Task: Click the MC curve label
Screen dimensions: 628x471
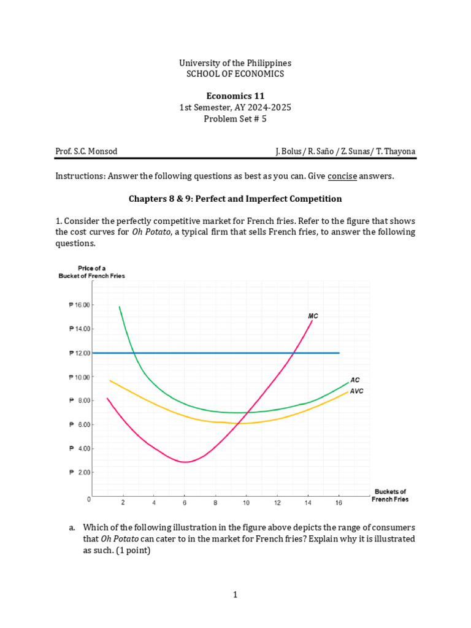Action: pyautogui.click(x=313, y=316)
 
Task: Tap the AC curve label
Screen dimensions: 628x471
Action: pyautogui.click(x=355, y=380)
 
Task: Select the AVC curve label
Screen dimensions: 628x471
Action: pyautogui.click(x=357, y=391)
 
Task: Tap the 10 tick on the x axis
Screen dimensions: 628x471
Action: pyautogui.click(x=246, y=503)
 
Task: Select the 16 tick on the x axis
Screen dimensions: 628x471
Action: pyautogui.click(x=338, y=503)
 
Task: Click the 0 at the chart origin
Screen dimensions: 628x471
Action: pyautogui.click(x=89, y=499)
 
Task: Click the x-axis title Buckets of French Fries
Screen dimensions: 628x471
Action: pyautogui.click(x=389, y=495)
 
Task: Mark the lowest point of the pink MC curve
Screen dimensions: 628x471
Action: pyautogui.click(x=185, y=462)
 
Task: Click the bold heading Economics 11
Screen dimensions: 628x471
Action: pyautogui.click(x=235, y=96)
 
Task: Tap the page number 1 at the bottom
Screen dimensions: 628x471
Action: pyautogui.click(x=235, y=594)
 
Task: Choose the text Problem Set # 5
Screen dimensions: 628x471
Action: pyautogui.click(x=235, y=119)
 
